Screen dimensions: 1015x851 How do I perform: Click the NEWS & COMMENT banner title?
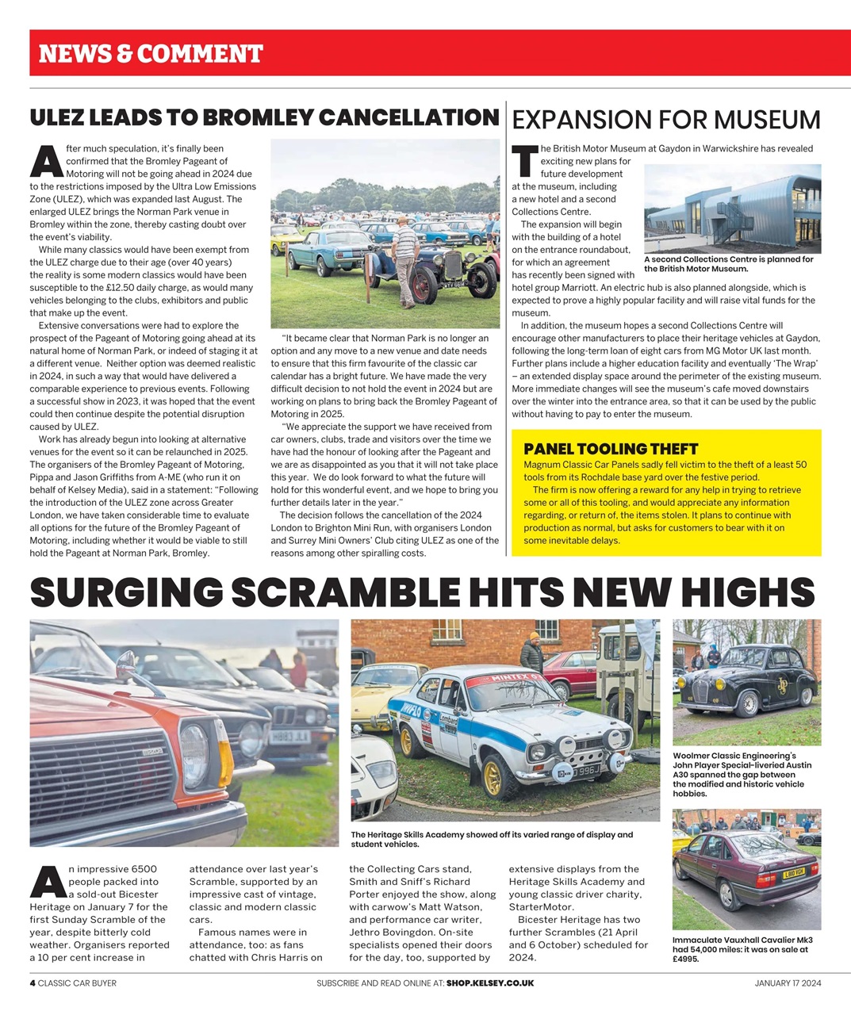151,54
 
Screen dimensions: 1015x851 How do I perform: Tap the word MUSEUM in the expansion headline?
767,120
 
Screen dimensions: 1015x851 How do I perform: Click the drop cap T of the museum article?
524,161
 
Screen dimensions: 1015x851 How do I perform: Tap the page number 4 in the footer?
33,983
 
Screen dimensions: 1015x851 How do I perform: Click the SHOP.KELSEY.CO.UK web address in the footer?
489,983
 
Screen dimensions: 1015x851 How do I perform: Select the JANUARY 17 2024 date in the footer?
788,983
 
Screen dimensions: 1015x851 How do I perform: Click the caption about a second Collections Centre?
728,264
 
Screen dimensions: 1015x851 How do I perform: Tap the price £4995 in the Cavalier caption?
685,959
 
